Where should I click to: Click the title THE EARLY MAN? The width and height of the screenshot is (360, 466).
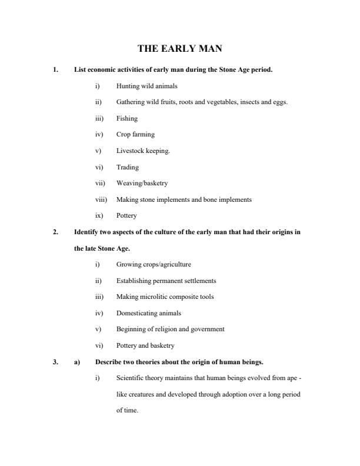[x=179, y=49]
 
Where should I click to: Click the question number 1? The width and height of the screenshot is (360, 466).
[x=55, y=70]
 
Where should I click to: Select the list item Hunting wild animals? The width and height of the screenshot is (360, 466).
[x=146, y=86]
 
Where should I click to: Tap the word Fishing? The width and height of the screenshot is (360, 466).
[x=127, y=118]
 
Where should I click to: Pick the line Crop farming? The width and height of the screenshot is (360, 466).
[x=135, y=135]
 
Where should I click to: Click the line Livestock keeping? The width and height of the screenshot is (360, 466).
[x=143, y=151]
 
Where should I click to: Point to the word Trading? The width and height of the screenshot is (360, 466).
[x=128, y=167]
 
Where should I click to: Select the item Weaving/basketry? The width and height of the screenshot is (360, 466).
[x=142, y=183]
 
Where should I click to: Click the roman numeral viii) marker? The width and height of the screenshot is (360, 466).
[x=101, y=199]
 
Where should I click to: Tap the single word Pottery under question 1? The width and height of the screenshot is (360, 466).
[x=126, y=215]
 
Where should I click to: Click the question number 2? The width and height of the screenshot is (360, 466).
[x=55, y=232]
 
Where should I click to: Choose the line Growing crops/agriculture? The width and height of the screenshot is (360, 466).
[x=154, y=264]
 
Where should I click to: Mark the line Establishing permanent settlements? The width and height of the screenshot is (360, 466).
[x=166, y=281]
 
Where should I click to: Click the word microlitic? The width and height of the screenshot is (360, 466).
[x=155, y=297]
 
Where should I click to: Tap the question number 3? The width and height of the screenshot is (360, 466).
[x=55, y=361]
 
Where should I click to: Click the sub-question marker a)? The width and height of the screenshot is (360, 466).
[x=76, y=361]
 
